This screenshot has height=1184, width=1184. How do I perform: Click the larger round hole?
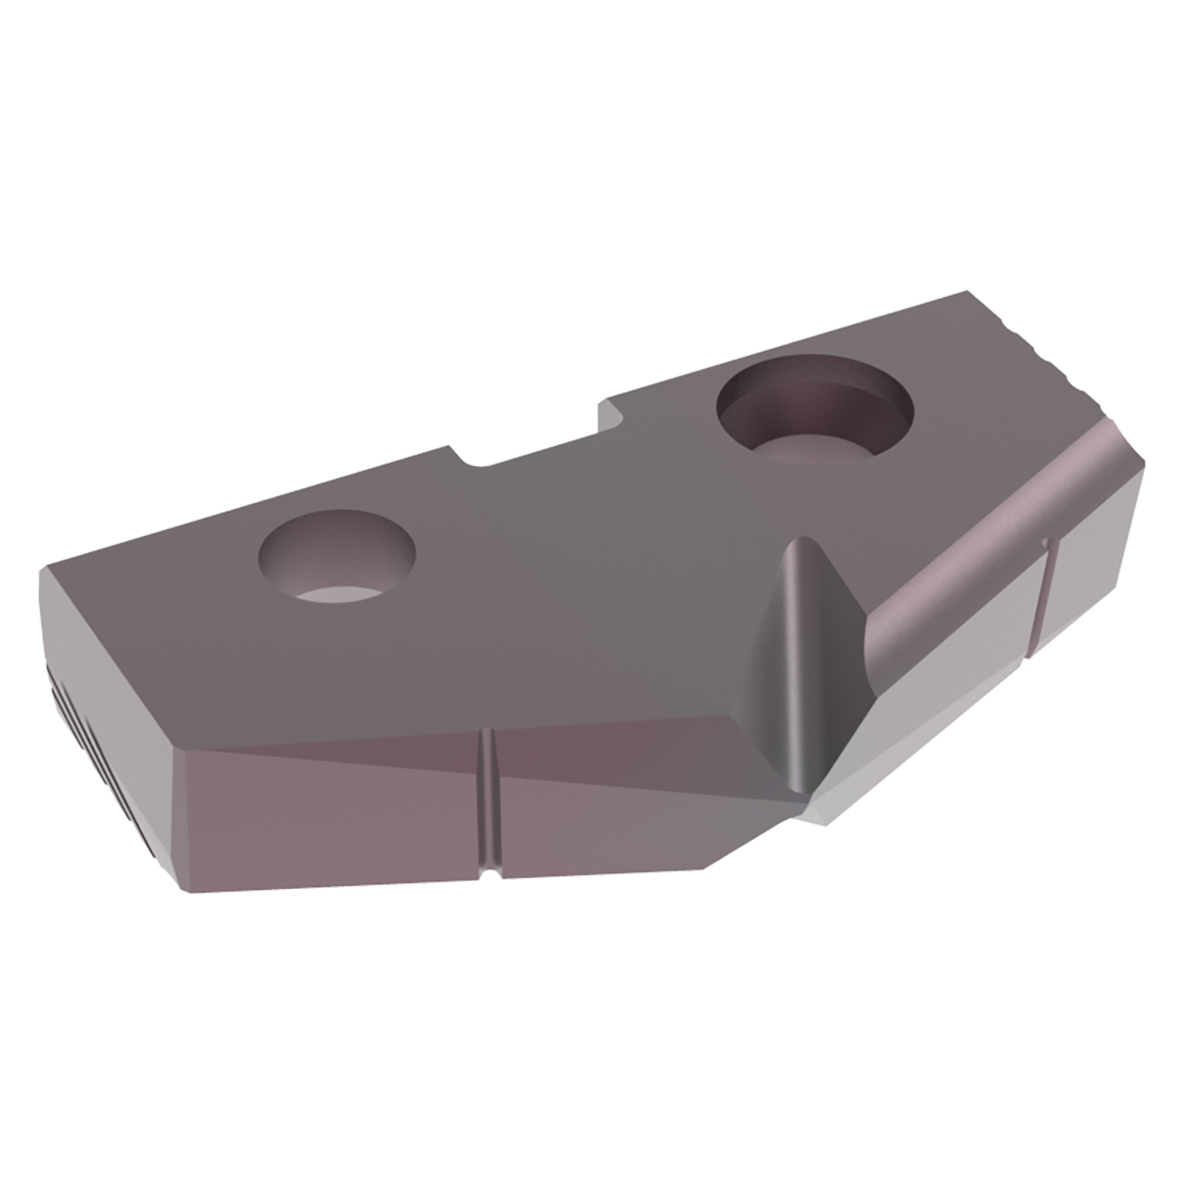[x=814, y=412]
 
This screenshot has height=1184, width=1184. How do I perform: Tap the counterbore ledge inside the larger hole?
[x=814, y=450]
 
